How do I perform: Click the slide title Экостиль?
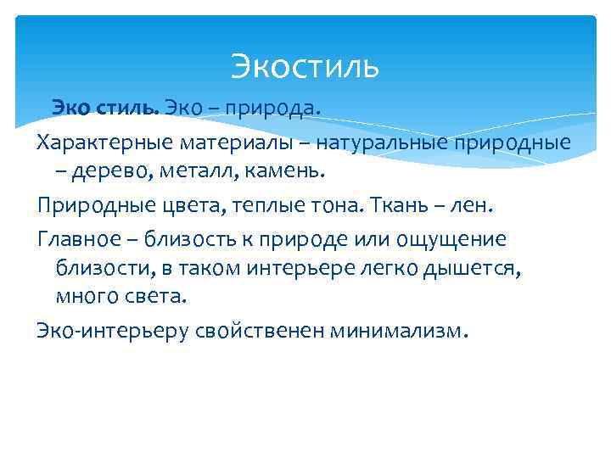click(x=305, y=66)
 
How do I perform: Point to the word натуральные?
click(x=367, y=140)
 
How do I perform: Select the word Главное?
click(x=78, y=240)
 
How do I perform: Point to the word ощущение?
click(x=457, y=240)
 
